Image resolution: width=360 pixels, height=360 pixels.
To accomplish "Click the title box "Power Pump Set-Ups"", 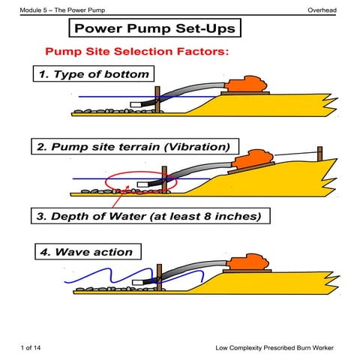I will [x=155, y=29].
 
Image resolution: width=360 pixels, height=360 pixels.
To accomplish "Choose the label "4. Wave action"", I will [x=86, y=252].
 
